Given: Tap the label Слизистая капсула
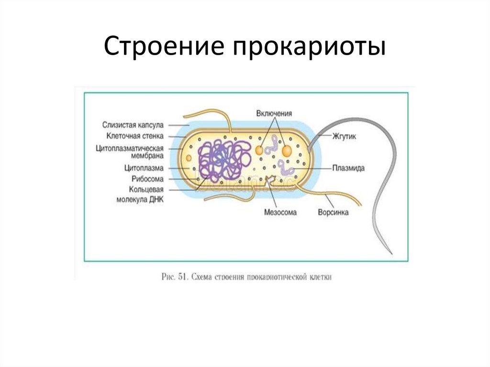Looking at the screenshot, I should (133, 124).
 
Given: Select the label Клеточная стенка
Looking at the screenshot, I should (136, 136).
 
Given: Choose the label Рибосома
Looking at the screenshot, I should (147, 178).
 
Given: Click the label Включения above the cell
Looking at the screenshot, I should (274, 113).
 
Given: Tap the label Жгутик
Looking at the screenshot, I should (345, 136).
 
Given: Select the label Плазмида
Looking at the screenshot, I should (349, 168).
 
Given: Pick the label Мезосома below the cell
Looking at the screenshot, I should (280, 212).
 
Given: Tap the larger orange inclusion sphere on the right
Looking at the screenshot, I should (287, 151).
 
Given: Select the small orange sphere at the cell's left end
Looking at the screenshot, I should (189, 157).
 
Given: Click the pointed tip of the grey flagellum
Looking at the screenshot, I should (391, 254).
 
